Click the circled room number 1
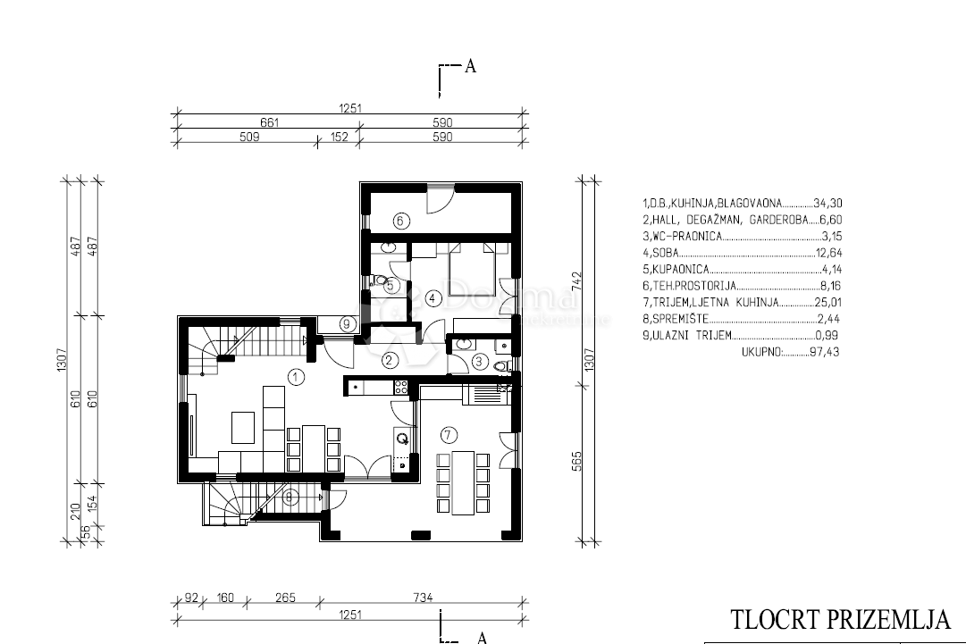[296, 377]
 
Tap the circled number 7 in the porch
[449, 435]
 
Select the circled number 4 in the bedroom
[433, 297]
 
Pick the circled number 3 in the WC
[479, 362]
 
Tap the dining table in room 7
[462, 481]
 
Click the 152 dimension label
[338, 137]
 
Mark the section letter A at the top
[469, 65]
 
